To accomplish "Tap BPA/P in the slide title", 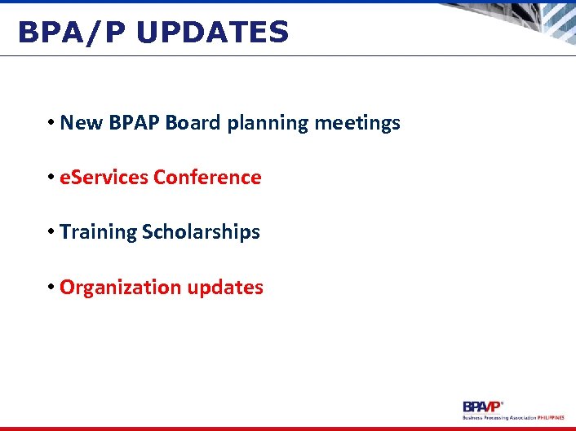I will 73,33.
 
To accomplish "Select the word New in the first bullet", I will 78,123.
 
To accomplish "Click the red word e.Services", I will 104,178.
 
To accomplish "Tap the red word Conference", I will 208,178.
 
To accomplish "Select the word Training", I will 99,232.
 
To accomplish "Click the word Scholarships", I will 202,232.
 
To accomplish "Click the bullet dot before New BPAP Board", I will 51,124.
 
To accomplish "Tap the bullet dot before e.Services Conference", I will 51,178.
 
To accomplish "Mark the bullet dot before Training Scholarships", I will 51,232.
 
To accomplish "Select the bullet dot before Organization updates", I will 51,288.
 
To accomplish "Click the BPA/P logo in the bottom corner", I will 483,406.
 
